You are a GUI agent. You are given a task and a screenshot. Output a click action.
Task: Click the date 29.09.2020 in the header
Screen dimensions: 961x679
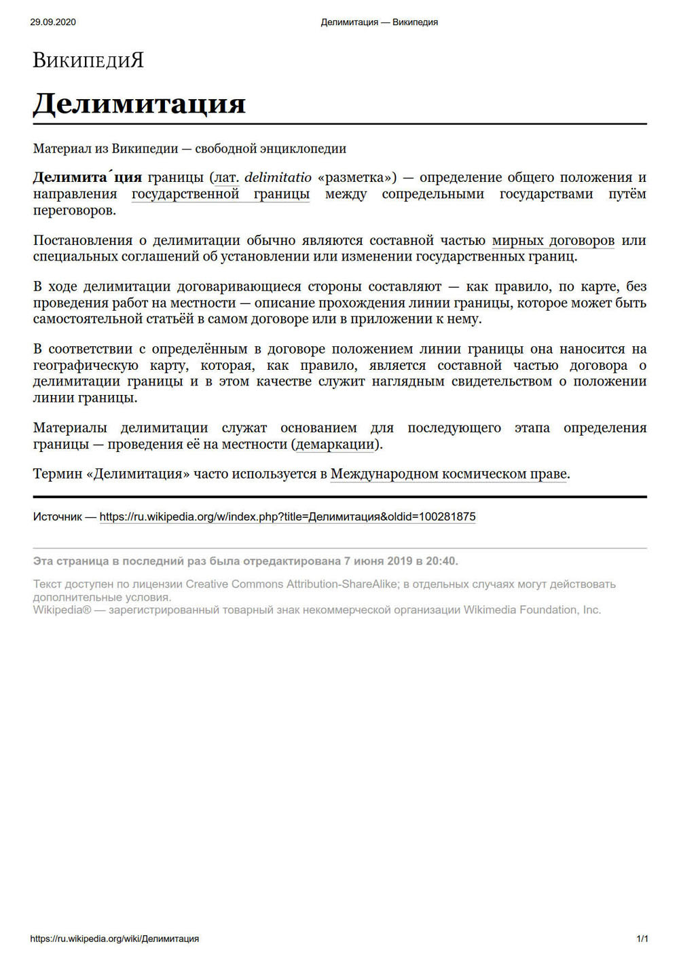(x=53, y=22)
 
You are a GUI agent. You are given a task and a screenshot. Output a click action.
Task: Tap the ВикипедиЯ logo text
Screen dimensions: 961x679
(x=88, y=61)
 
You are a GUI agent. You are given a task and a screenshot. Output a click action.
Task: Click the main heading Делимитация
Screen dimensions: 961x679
(x=139, y=103)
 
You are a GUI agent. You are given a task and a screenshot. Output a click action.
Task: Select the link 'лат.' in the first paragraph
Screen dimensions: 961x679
(x=227, y=178)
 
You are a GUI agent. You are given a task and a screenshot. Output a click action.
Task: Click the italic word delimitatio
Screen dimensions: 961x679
(x=278, y=178)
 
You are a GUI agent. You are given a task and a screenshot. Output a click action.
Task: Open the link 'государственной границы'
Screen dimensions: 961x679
(x=220, y=194)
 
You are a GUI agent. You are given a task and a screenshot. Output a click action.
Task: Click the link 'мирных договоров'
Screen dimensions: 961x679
(x=553, y=240)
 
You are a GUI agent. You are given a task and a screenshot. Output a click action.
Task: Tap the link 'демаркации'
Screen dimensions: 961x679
(x=335, y=445)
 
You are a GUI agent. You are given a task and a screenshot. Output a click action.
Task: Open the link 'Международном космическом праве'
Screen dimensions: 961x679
(x=448, y=474)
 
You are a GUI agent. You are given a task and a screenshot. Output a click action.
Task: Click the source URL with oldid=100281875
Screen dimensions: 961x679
(x=287, y=517)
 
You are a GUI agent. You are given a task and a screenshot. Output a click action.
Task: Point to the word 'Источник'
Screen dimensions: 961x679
(x=57, y=517)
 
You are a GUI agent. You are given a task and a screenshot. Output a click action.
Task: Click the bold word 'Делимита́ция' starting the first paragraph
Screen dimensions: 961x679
(x=87, y=178)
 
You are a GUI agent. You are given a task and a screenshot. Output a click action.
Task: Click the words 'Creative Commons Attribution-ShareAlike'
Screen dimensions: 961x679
(x=291, y=584)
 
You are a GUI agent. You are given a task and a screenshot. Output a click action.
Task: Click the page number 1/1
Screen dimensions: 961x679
(x=642, y=939)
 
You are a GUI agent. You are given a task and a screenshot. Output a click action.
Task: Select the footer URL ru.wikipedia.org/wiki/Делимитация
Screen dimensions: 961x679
(x=114, y=939)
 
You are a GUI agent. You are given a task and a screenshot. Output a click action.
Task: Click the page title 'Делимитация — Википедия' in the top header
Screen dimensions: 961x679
(x=379, y=22)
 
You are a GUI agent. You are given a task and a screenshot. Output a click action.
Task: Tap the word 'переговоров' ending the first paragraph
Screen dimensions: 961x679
(x=74, y=210)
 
